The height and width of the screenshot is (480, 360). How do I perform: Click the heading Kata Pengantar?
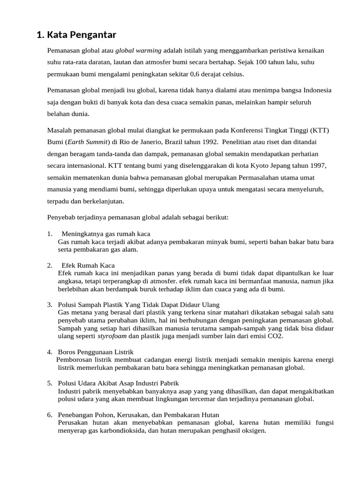[76, 35]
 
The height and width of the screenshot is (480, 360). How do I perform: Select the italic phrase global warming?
[138, 50]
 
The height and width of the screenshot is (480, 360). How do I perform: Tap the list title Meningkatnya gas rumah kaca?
[106, 233]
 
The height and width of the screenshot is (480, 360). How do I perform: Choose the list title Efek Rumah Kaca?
[88, 265]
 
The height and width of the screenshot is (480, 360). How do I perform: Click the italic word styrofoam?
[112, 336]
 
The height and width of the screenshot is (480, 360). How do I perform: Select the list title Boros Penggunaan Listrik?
[96, 352]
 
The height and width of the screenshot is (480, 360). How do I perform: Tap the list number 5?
[49, 383]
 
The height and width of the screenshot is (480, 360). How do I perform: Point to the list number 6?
[49, 415]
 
